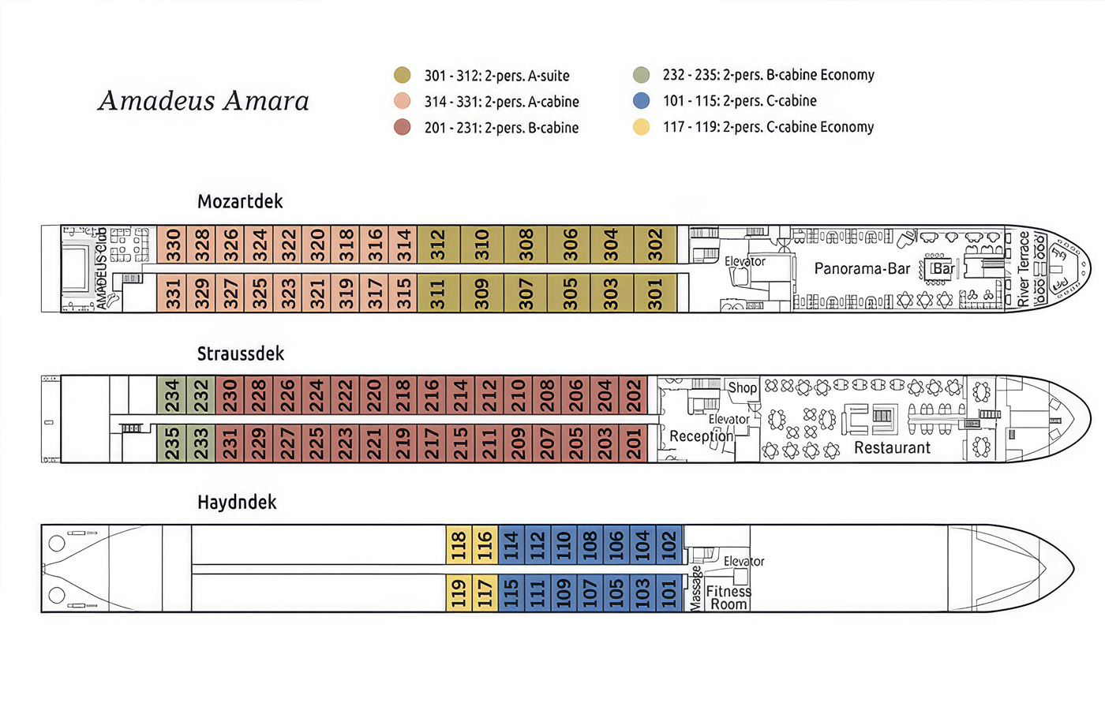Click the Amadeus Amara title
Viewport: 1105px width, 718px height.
204,101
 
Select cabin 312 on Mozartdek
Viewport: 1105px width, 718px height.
439,245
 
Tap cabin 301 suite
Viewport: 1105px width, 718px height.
655,294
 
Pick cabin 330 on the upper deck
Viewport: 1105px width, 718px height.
172,245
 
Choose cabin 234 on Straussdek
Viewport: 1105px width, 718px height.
172,395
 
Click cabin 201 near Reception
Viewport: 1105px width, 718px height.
634,443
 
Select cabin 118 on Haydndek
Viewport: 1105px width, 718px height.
459,545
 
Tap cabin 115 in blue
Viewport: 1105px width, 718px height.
511,593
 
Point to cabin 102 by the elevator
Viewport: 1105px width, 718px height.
669,545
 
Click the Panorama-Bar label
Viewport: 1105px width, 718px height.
862,269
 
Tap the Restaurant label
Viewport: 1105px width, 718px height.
892,448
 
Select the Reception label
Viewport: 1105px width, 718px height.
701,436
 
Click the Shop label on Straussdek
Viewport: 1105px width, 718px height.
742,387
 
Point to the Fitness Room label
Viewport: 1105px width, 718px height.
728,597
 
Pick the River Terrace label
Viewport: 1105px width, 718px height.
1024,269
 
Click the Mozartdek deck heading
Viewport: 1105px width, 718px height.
240,201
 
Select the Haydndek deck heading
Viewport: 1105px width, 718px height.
237,502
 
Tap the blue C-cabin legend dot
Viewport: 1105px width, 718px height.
641,101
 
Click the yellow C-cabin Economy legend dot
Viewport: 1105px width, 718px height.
641,127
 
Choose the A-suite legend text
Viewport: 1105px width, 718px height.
496,76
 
